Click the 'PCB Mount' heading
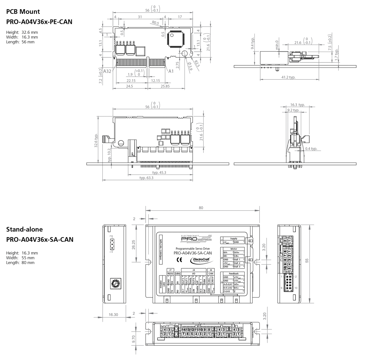point(23,12)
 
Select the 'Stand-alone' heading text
point(24,229)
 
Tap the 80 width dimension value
point(201,208)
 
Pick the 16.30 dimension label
point(113,314)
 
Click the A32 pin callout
point(107,71)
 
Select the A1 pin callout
point(171,71)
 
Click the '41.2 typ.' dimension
point(288,77)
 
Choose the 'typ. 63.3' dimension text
point(146,178)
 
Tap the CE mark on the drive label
point(179,260)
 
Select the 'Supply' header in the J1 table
point(233,238)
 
